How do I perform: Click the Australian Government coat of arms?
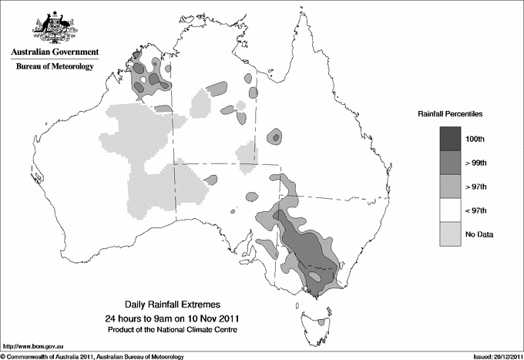pos(54,26)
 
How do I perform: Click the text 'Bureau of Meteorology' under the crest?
pos(54,67)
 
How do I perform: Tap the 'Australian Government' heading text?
pos(54,52)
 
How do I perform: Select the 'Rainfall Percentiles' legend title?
pos(450,113)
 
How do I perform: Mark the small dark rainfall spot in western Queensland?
pos(275,137)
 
